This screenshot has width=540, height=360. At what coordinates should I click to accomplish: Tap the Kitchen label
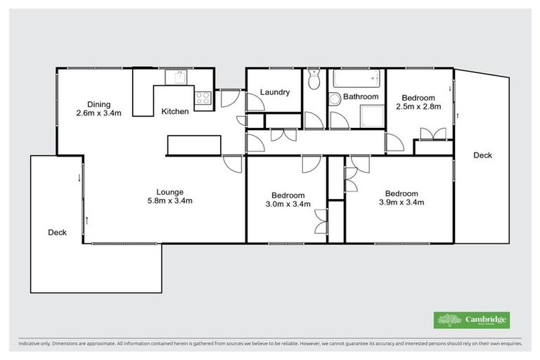(x=174, y=112)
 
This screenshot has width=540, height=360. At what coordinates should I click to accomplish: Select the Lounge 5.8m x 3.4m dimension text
(x=169, y=201)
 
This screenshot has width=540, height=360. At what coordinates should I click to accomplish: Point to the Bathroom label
(x=361, y=97)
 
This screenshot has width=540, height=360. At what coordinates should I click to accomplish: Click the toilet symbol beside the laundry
(x=314, y=79)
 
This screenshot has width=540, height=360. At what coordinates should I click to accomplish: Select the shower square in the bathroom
(x=371, y=116)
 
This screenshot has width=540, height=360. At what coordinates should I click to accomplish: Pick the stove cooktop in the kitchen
(x=203, y=98)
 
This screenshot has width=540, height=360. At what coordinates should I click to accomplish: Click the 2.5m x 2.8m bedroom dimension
(x=418, y=108)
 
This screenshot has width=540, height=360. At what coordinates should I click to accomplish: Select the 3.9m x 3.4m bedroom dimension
(x=401, y=202)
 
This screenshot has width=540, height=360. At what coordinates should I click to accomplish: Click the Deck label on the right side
(x=482, y=155)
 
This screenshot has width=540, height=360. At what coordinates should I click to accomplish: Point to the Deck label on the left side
(x=57, y=232)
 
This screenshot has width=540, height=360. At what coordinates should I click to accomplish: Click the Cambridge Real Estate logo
(x=472, y=321)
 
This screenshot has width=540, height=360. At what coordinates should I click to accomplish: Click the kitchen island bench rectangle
(x=194, y=145)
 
